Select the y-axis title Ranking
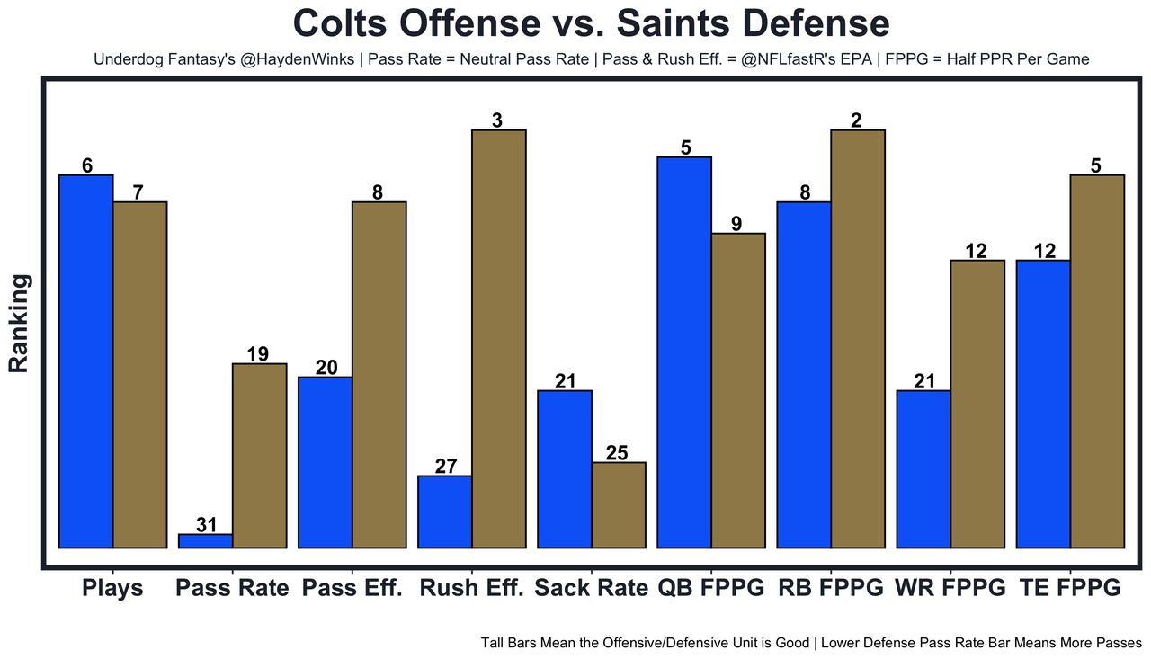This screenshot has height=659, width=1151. point(19,324)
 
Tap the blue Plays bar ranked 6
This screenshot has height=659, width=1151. point(85,361)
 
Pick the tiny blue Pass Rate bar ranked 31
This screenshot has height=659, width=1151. point(205,541)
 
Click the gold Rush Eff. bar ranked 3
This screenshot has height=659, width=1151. point(499,338)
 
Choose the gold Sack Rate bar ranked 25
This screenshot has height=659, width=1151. point(619,504)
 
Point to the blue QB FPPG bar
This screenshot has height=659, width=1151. point(684,352)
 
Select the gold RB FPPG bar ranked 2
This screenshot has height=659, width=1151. point(858,338)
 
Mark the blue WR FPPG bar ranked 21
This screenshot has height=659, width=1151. point(923,468)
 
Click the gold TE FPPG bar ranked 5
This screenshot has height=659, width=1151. point(1097,361)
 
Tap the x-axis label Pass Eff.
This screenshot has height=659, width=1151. point(352,589)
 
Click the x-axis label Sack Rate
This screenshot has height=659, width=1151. point(591,589)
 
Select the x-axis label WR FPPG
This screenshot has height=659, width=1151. point(950,589)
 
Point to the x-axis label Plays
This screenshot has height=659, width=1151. point(112,589)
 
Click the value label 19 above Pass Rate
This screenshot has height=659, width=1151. point(258,354)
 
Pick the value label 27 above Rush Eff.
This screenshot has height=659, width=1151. point(446,467)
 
